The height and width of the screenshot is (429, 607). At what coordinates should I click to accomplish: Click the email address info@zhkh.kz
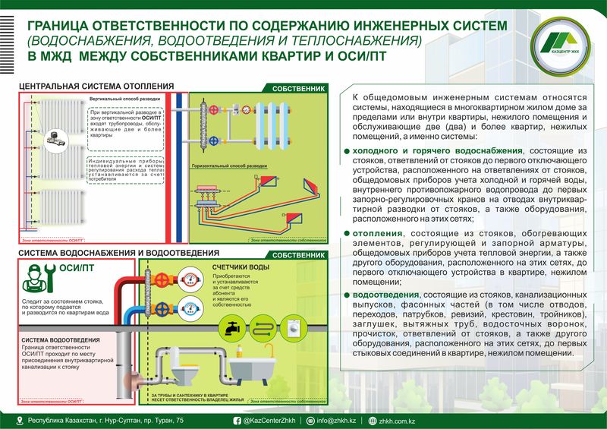tap(335, 420)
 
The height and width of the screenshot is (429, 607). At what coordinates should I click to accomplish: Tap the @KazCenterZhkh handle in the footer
tap(269, 420)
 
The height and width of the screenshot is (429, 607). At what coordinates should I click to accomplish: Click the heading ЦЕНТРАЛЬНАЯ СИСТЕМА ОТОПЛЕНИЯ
tap(96, 86)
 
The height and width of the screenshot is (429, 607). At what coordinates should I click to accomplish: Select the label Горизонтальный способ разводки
tap(229, 165)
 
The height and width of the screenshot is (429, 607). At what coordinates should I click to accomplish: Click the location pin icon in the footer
tap(20, 420)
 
